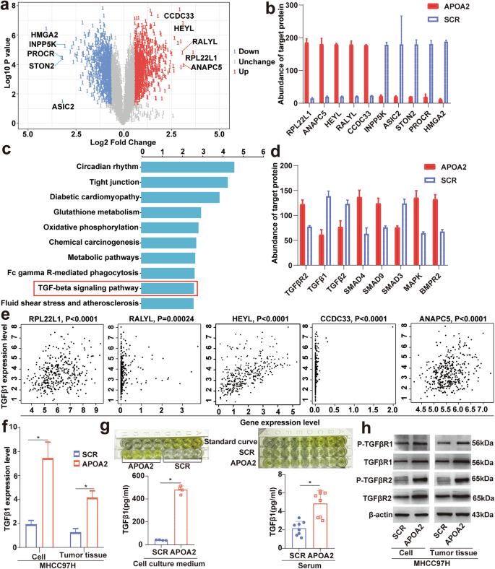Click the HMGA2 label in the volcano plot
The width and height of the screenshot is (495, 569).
(45, 34)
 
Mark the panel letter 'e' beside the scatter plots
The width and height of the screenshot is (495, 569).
(6, 315)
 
